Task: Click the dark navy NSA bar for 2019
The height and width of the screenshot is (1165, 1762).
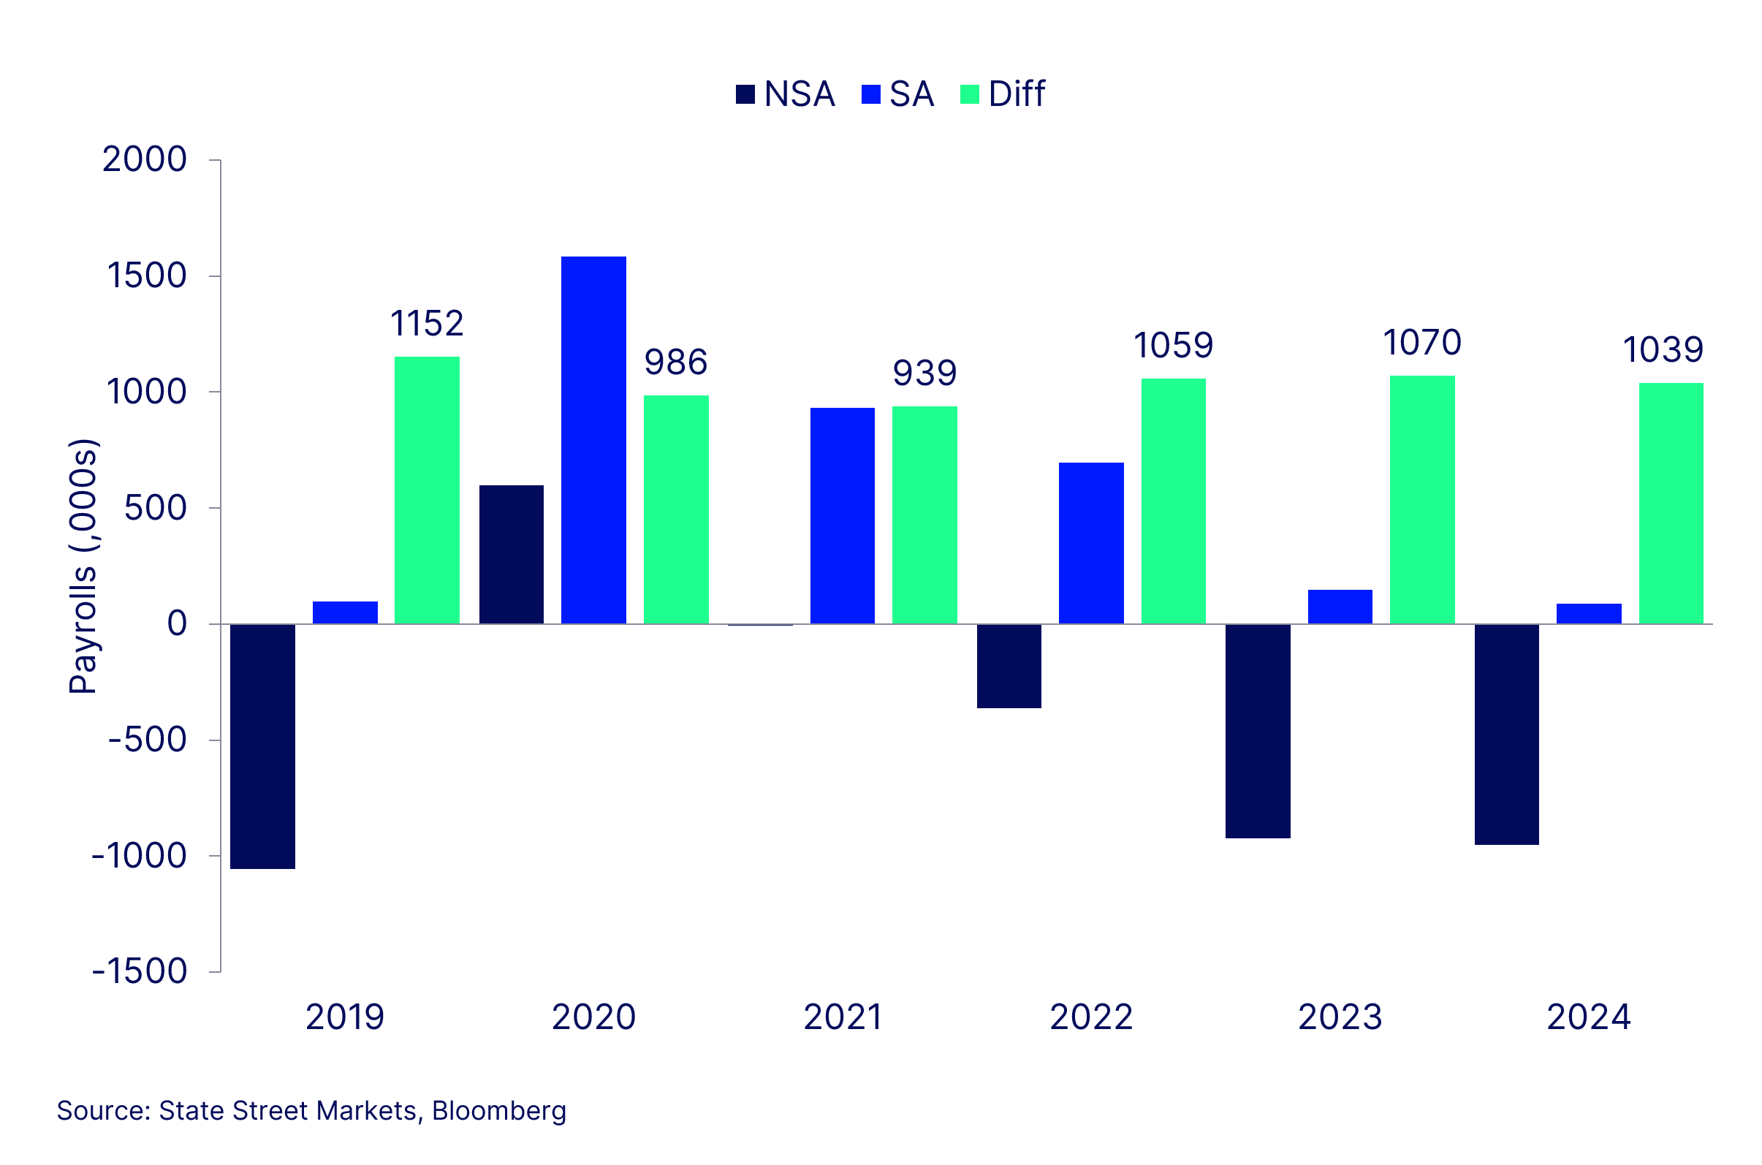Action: coord(262,745)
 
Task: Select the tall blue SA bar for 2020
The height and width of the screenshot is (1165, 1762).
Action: coord(593,440)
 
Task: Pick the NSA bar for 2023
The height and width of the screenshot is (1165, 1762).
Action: coord(1258,731)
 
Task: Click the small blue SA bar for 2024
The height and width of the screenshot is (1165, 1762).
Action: coord(1589,614)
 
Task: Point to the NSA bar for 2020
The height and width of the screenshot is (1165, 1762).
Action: coord(511,554)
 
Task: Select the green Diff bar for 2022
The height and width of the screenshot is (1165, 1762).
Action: coord(1173,501)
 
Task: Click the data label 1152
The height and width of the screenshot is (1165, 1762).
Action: coord(426,324)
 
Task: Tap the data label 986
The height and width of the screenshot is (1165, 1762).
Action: coord(675,363)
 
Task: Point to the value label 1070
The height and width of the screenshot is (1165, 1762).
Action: coord(1421,344)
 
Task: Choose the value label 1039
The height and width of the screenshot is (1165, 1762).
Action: coord(1663,350)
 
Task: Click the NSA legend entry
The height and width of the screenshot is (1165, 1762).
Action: coord(785,94)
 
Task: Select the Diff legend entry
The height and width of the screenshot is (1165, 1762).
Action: coord(1003,94)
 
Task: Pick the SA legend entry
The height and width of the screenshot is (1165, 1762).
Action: coord(897,94)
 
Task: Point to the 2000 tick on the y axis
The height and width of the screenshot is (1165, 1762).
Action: coord(144,160)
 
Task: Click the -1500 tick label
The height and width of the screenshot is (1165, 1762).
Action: coord(140,971)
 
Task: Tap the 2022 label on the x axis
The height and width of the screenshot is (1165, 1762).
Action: coord(1090,1017)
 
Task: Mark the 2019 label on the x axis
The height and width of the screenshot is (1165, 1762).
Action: coord(345,1017)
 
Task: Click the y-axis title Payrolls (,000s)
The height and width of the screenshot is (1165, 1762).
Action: coord(83,566)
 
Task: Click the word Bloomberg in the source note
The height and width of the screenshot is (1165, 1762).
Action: coord(498,1111)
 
